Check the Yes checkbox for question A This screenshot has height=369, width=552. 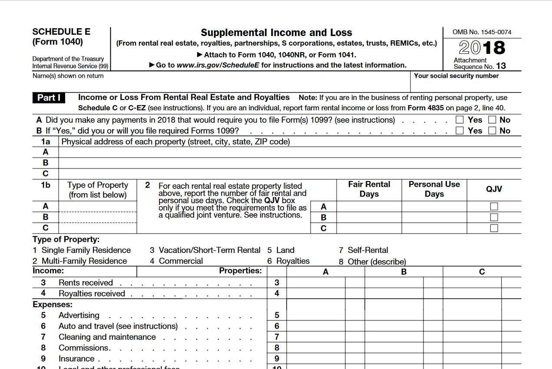(459, 120)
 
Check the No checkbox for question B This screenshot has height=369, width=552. (492, 131)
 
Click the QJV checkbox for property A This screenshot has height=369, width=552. (494, 207)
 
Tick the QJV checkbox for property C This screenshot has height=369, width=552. (494, 228)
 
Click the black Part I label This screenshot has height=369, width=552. (49, 98)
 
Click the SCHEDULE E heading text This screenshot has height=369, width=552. (61, 32)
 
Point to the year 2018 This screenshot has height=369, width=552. (482, 48)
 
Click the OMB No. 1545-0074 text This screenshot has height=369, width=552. (482, 32)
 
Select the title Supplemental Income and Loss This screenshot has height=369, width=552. (276, 33)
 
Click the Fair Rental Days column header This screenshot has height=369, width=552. (369, 189)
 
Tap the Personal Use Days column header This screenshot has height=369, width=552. (434, 189)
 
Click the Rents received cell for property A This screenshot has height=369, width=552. (316, 283)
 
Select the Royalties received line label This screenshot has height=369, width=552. (92, 294)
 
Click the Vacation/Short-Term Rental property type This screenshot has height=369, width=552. (209, 250)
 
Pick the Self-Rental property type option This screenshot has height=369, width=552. (367, 250)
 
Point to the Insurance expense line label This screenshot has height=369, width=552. (76, 359)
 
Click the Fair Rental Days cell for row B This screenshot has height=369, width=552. (369, 217)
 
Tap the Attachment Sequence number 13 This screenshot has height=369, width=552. (501, 66)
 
